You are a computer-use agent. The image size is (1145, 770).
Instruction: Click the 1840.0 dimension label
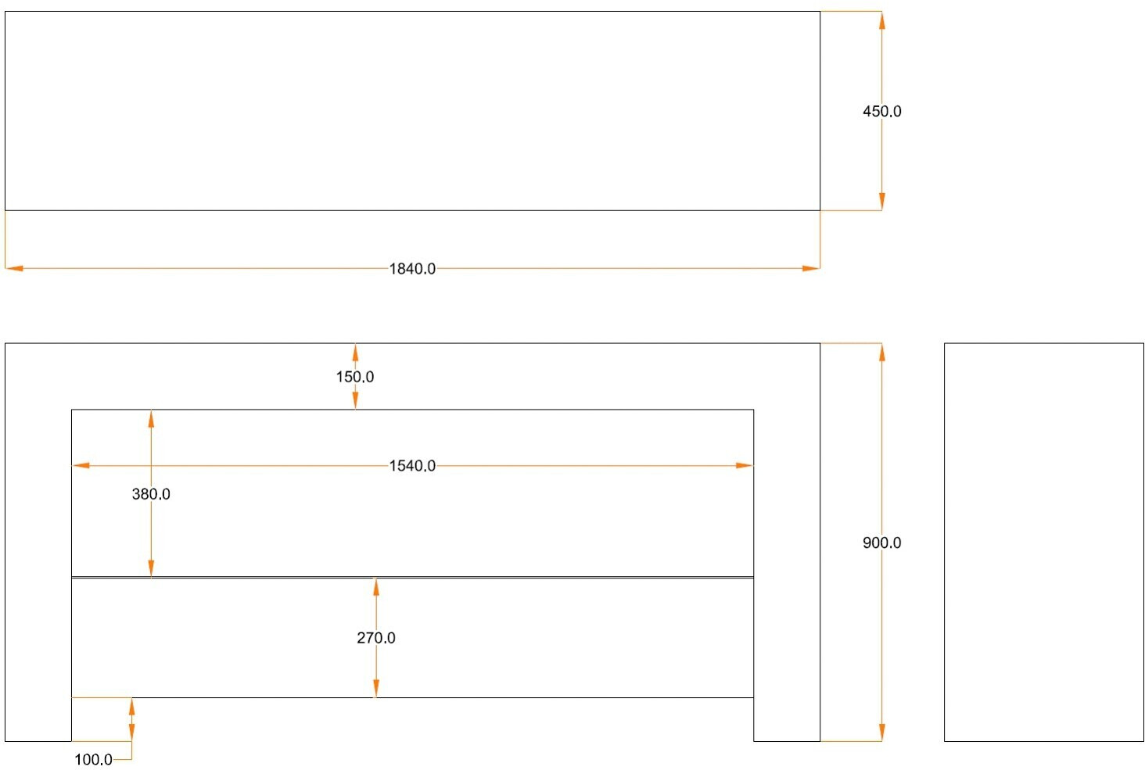click(x=412, y=269)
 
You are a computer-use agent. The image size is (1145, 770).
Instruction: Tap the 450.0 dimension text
click(x=881, y=112)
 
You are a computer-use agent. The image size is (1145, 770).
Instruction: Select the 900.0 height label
click(x=881, y=543)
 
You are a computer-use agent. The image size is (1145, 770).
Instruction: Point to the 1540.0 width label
click(x=412, y=466)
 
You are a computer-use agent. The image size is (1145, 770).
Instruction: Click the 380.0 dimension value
click(x=151, y=494)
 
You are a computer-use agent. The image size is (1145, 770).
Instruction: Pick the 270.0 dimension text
click(x=376, y=638)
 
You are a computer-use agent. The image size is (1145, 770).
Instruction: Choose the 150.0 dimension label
click(x=355, y=377)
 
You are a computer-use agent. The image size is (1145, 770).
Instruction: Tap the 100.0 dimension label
click(x=93, y=760)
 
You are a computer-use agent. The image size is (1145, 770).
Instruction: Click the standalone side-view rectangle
click(x=1043, y=542)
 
